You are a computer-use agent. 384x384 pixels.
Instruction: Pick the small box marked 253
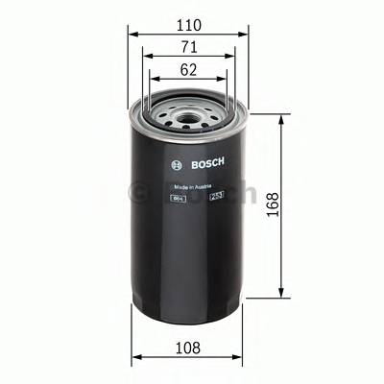tap(216, 198)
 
